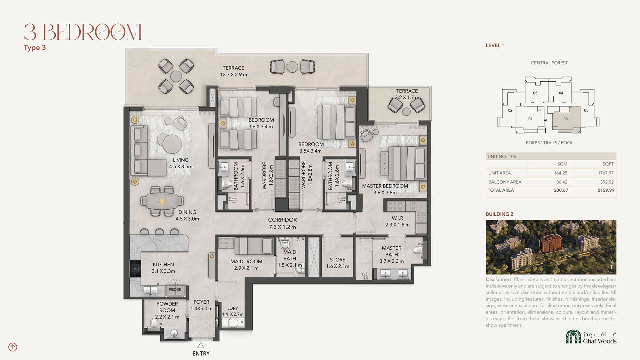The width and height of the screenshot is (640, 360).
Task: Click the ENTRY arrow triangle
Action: pos(201,345)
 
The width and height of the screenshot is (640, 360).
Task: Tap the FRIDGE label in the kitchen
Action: pos(175,290)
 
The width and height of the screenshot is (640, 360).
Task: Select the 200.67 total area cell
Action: pos(561,190)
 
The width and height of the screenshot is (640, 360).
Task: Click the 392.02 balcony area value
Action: pos(607,182)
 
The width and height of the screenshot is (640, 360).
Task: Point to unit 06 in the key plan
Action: pos(565,119)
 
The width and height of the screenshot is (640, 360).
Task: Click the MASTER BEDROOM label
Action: pos(385,186)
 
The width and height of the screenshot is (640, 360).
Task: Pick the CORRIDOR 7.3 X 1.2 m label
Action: pos(282,223)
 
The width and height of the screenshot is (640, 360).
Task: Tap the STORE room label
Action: pos(338,260)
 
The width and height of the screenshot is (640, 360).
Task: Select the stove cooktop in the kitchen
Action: pos(135,268)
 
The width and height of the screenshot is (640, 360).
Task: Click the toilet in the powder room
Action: pos(154,324)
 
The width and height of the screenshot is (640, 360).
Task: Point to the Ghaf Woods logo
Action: pos(591,337)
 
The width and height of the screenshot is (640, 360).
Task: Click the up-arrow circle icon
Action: pos(13,347)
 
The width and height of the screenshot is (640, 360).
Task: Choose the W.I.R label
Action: pos(397,218)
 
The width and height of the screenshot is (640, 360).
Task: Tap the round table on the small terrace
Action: pos(406,111)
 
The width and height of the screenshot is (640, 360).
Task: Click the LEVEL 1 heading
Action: pos(495,45)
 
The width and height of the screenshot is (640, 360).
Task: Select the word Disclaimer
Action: pos(498,279)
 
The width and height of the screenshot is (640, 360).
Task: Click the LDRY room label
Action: pos(233,308)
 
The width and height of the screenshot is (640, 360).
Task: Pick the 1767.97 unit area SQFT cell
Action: pos(606,173)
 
